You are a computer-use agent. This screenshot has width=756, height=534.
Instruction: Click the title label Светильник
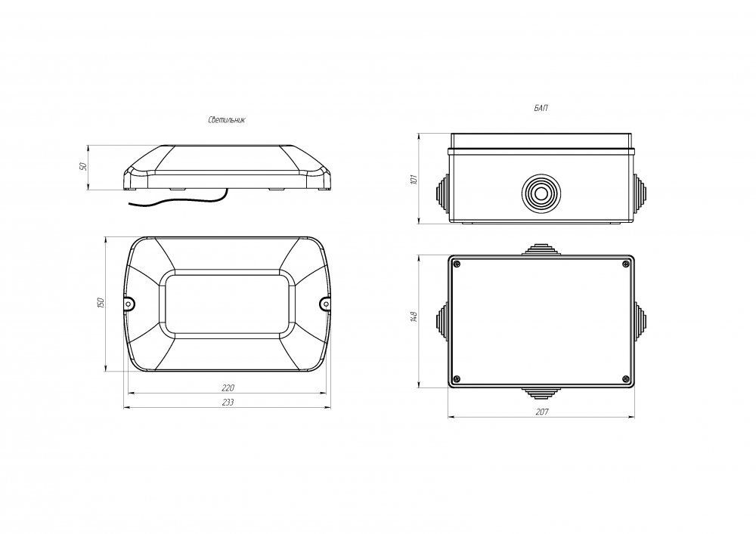(x=227, y=120)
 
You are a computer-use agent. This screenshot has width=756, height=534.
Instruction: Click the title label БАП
(x=541, y=108)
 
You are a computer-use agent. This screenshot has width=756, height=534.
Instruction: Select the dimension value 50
(x=82, y=167)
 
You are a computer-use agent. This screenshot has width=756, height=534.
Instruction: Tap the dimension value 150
(x=101, y=303)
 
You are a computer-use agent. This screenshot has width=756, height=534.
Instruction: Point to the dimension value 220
(x=228, y=387)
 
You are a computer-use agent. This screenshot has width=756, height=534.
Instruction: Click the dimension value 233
(x=228, y=402)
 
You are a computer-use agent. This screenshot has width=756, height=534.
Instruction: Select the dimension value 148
(x=414, y=316)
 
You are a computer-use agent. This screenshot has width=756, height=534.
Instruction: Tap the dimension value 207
(x=542, y=412)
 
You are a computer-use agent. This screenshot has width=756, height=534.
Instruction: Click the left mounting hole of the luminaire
(x=129, y=304)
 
